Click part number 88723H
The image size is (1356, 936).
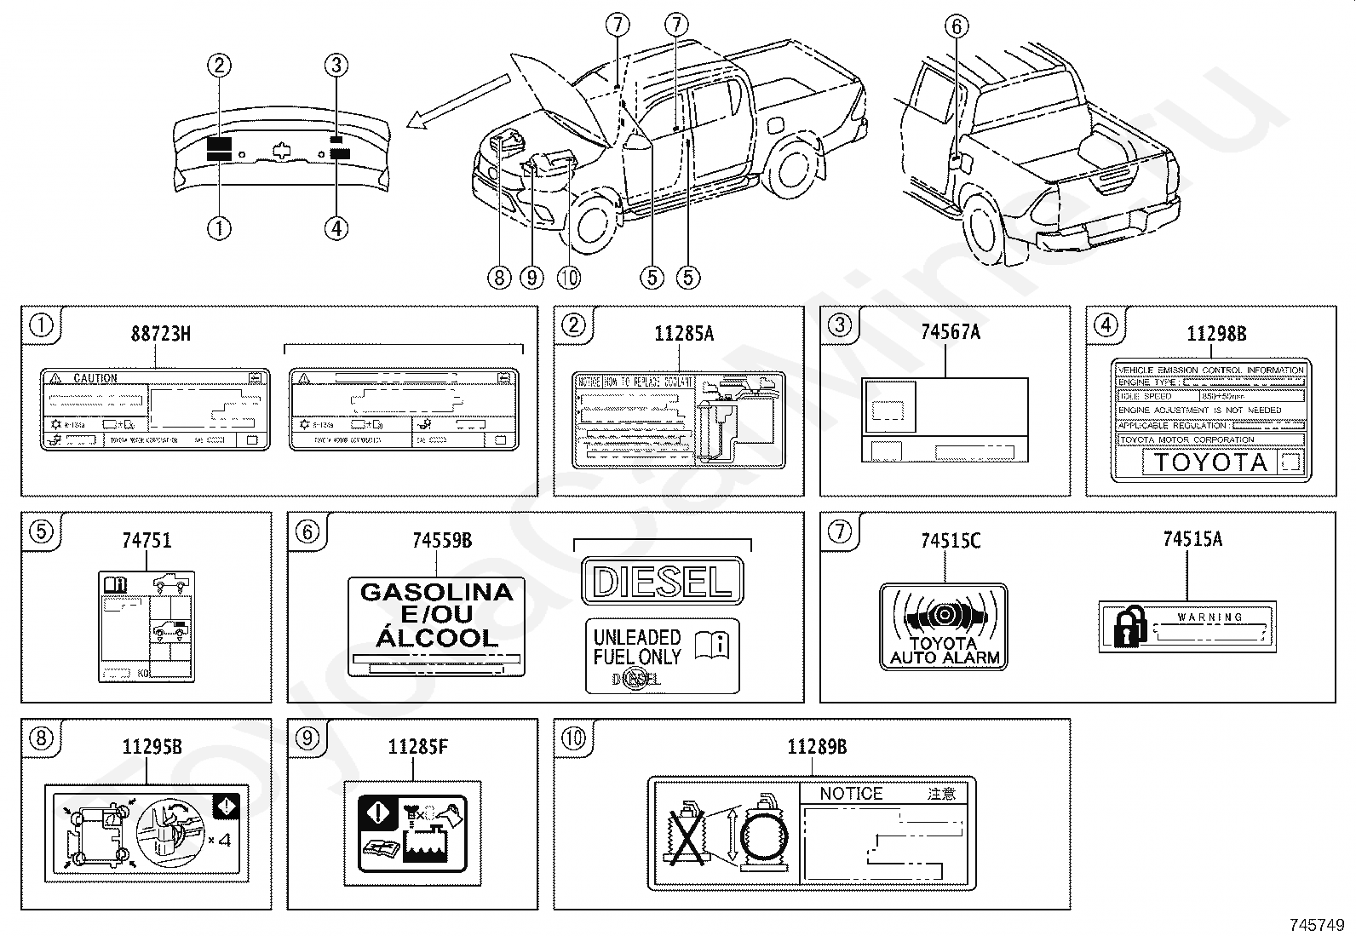click(x=160, y=333)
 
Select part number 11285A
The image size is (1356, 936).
click(x=684, y=333)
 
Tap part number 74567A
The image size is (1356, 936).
click(x=950, y=332)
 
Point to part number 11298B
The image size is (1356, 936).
click(x=1216, y=333)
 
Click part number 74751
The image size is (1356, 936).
click(x=147, y=540)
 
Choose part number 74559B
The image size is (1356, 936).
click(x=441, y=540)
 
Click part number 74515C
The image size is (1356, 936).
click(x=950, y=540)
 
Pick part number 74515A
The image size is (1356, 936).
click(x=1192, y=538)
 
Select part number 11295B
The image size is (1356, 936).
click(x=152, y=747)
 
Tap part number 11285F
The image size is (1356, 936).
click(x=417, y=747)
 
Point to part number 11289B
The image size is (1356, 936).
click(x=816, y=747)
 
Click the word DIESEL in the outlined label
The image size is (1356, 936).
click(x=662, y=581)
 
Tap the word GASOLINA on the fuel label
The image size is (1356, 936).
click(x=437, y=592)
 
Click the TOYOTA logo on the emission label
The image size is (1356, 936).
click(x=1209, y=462)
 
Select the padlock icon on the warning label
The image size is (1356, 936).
click(x=1129, y=627)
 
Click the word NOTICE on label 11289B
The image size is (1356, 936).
click(x=851, y=794)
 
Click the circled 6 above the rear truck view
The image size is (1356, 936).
click(x=957, y=26)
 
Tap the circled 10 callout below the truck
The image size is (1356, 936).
click(x=568, y=277)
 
